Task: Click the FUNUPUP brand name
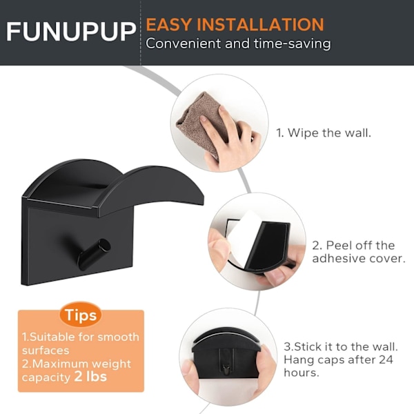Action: click(x=71, y=31)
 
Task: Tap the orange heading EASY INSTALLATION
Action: click(x=235, y=25)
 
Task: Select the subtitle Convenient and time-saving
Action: click(x=238, y=43)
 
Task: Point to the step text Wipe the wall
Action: click(x=324, y=132)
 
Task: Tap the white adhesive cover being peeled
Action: click(x=243, y=239)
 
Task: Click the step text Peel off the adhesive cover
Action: click(x=359, y=252)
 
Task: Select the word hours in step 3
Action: click(x=301, y=373)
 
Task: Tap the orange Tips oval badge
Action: click(x=81, y=315)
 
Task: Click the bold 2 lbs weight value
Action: click(x=90, y=377)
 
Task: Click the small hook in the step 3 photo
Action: click(x=226, y=369)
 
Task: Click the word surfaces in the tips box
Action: click(x=46, y=351)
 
